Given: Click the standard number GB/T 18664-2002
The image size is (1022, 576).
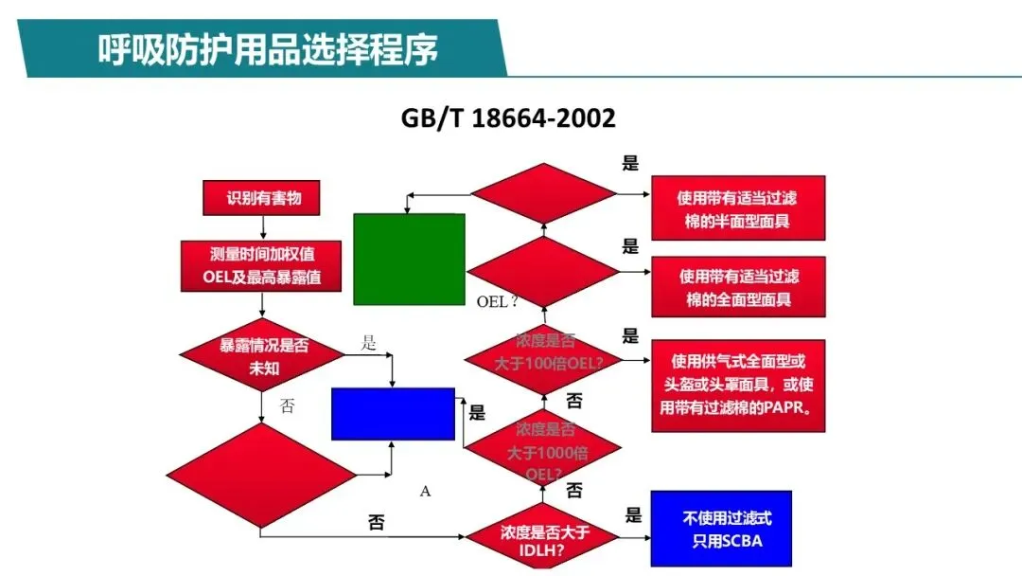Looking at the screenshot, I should click(508, 118).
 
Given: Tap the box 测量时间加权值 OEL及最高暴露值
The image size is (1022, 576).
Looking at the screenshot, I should click(260, 265).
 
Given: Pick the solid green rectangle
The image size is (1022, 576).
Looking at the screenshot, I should click(409, 259).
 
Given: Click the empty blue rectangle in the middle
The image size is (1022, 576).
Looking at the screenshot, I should click(393, 413).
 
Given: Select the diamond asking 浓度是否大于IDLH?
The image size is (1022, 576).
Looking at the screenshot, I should click(544, 537).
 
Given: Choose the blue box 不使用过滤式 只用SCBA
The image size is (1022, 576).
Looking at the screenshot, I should click(720, 529).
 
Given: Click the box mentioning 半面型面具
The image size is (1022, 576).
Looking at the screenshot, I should click(738, 208).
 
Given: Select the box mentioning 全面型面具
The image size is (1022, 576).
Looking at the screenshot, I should click(738, 287).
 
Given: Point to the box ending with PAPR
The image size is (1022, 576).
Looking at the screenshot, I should click(737, 386).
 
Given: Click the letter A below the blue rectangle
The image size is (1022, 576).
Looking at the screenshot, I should click(425, 491).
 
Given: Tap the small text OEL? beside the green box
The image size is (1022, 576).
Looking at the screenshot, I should click(497, 302).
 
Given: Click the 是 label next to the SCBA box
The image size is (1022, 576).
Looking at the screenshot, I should click(633, 515).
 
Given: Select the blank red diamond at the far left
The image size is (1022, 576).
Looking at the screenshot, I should click(260, 471).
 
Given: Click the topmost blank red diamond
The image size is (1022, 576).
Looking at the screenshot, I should click(544, 195).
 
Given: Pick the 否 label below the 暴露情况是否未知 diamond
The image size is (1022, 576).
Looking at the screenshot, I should click(288, 405).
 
